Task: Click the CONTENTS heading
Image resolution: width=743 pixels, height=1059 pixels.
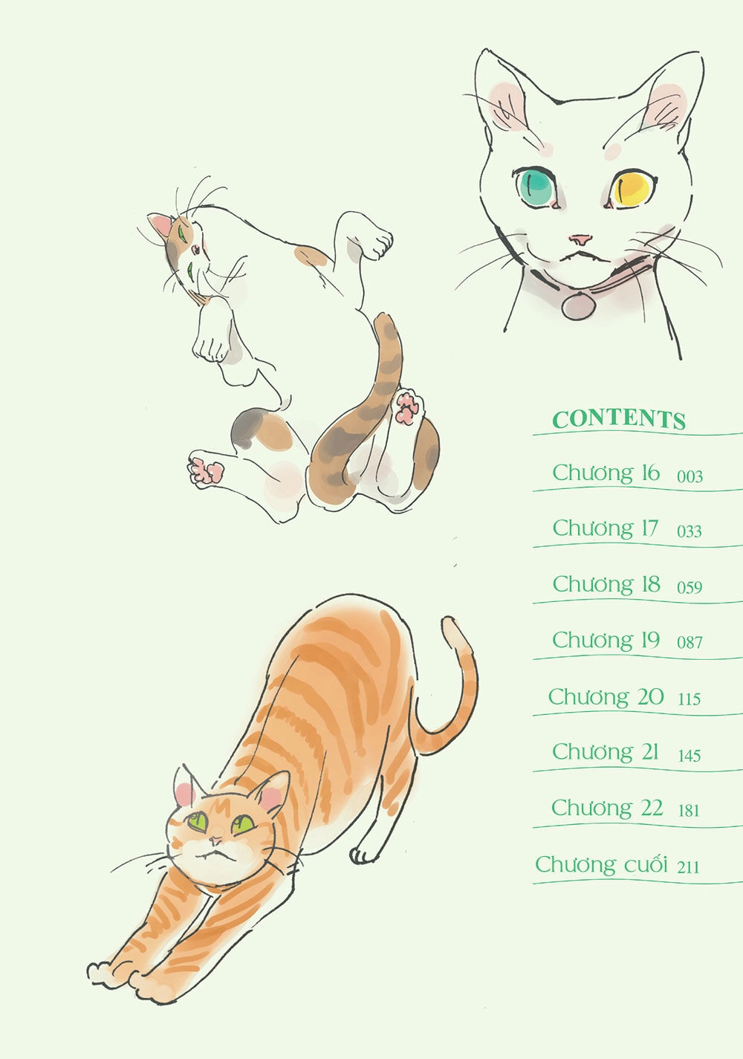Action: click(619, 419)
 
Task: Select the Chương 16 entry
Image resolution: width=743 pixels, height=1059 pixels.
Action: click(606, 473)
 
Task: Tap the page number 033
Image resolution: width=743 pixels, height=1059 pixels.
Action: click(689, 531)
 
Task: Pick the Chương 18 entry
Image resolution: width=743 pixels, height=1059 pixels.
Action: click(606, 584)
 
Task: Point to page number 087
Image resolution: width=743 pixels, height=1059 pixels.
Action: click(690, 642)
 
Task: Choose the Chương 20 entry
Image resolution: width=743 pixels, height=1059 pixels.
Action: click(606, 697)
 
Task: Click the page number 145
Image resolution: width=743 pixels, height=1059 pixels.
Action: click(689, 755)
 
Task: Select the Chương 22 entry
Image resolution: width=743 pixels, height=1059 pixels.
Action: click(607, 808)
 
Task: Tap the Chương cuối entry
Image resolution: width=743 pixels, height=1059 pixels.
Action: click(601, 864)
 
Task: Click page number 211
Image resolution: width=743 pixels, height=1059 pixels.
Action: click(688, 867)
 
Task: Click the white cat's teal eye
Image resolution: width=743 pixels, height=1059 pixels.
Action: click(536, 186)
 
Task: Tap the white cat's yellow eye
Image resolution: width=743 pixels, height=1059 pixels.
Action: click(632, 188)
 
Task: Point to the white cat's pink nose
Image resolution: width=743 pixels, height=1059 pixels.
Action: click(580, 239)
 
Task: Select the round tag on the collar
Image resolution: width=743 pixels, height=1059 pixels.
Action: click(578, 305)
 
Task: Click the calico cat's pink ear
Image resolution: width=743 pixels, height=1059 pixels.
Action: click(161, 224)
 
